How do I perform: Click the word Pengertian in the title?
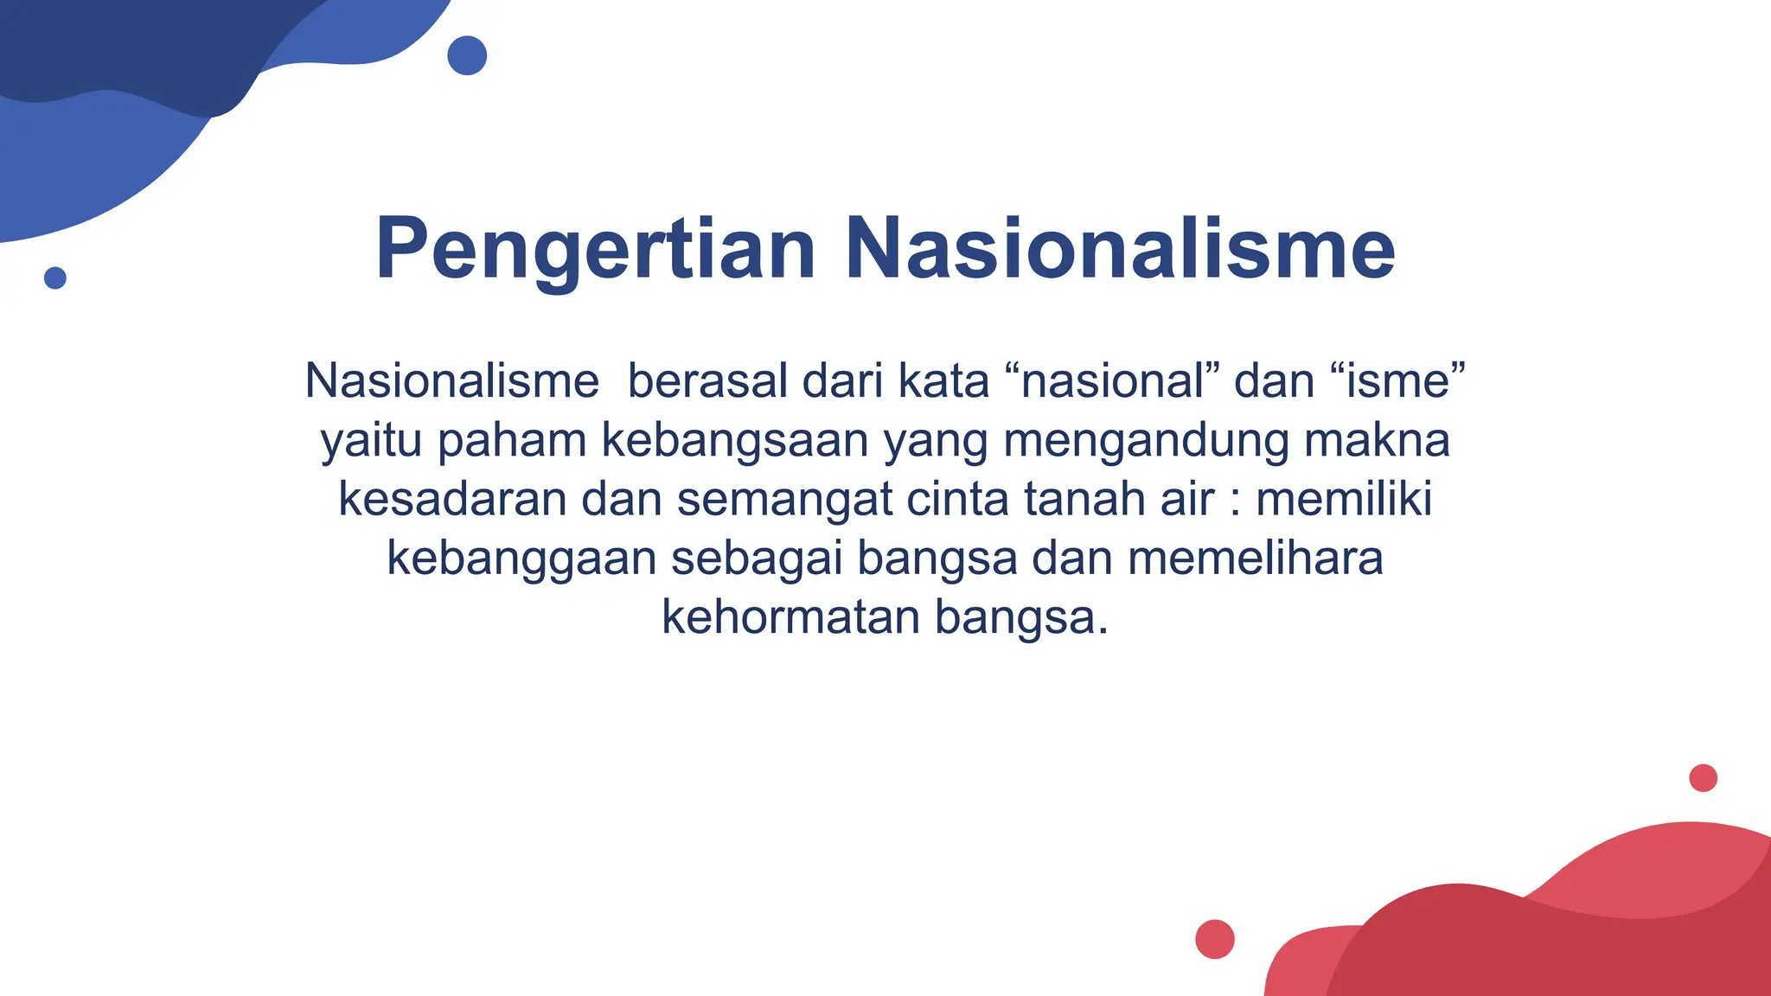pyautogui.click(x=595, y=249)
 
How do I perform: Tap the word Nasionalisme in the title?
pyautogui.click(x=1120, y=249)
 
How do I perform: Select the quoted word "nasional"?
pyautogui.click(x=1113, y=381)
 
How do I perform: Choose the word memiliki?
pyautogui.click(x=1344, y=499)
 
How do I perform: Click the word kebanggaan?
pyautogui.click(x=521, y=558)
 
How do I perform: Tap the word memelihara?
pyautogui.click(x=1255, y=558)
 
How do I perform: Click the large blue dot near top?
pyautogui.click(x=467, y=55)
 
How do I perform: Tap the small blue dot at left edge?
pyautogui.click(x=55, y=278)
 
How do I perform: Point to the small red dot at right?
pyautogui.click(x=1703, y=778)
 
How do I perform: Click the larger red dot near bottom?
pyautogui.click(x=1214, y=939)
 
